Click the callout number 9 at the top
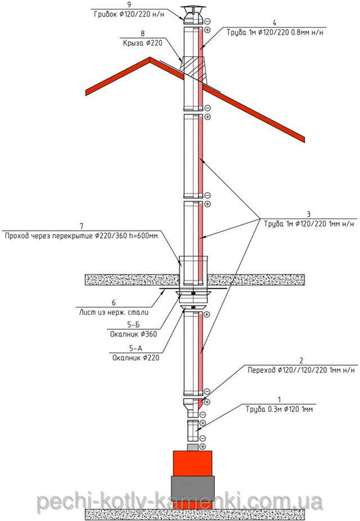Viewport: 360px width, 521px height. [x=129, y=5]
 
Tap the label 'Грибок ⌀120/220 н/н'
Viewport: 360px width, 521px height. [x=129, y=15]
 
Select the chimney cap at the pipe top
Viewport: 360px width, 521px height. [x=193, y=16]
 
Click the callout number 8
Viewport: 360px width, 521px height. [x=143, y=33]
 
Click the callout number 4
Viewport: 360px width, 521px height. [x=275, y=22]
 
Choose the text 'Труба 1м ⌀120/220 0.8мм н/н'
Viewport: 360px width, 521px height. [x=275, y=33]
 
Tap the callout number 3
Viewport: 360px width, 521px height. [x=308, y=214]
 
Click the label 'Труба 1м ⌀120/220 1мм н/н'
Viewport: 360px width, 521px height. [x=309, y=224]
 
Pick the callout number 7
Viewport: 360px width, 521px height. [x=82, y=226]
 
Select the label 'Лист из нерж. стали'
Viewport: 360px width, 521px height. [x=114, y=312]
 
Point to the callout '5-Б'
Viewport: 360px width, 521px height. [x=133, y=325]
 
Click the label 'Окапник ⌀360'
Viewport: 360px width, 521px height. [x=134, y=334]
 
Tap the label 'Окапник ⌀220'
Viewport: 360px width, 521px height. [x=136, y=358]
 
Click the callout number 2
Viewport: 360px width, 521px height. [x=301, y=360]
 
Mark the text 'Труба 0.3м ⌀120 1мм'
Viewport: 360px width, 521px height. [x=279, y=409]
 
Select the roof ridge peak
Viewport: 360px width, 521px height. [x=150, y=58]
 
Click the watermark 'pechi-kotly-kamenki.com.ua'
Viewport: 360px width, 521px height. [x=180, y=501]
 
